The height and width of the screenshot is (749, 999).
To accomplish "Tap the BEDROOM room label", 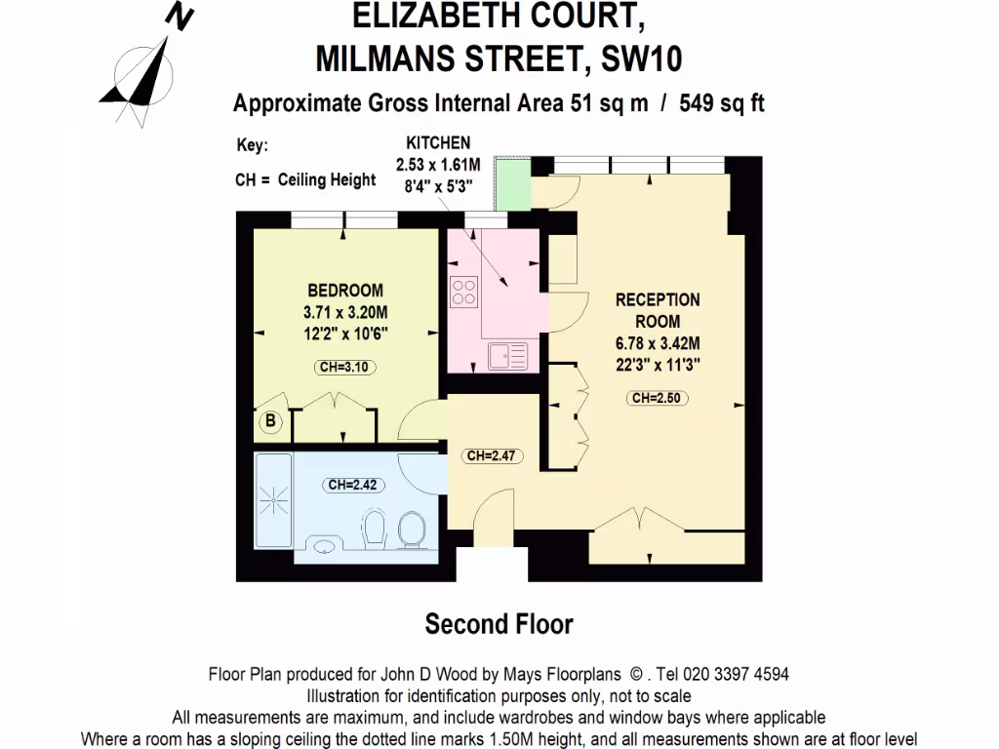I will point(345,291).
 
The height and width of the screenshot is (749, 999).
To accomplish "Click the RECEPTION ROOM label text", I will point(658,310).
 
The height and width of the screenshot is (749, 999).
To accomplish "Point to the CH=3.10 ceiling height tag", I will point(345,368).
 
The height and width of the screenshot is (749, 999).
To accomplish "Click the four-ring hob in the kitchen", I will point(463,293).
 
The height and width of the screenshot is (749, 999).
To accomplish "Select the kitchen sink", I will point(507,355).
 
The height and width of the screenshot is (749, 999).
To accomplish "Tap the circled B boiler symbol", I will point(271,422).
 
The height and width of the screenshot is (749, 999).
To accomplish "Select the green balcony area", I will point(510,182).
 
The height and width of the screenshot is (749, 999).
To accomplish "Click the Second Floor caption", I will point(499,623).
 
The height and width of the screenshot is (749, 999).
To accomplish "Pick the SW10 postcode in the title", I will point(642,60).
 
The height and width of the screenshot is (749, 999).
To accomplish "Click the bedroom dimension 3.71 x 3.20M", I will point(345,312).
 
